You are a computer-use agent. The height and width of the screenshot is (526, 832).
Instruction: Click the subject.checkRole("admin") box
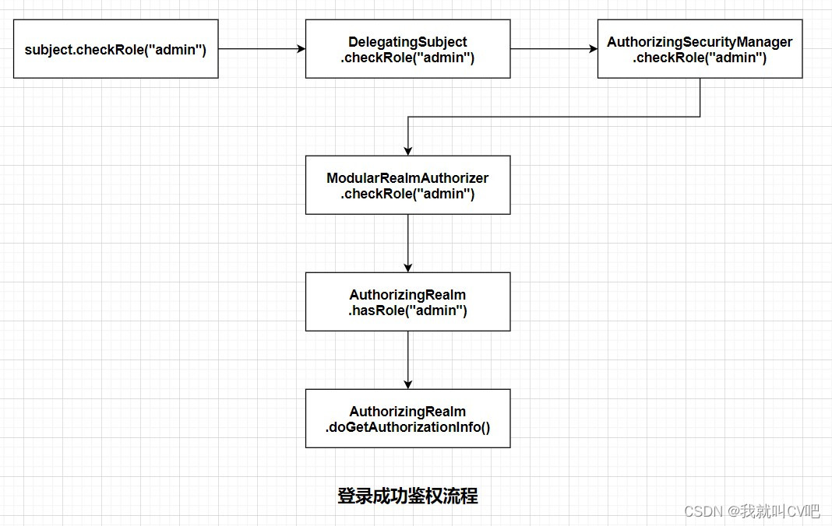point(115,49)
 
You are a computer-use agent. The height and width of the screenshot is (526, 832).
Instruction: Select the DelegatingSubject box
point(407,49)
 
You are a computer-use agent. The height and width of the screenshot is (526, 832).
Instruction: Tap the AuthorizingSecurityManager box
point(700,49)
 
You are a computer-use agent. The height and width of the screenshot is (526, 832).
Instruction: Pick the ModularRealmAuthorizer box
point(407,185)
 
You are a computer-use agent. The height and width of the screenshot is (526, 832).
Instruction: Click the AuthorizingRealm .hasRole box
point(407,302)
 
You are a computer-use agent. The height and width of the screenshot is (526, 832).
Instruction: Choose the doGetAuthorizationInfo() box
point(407,419)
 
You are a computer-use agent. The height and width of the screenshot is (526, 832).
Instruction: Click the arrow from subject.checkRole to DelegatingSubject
point(261,49)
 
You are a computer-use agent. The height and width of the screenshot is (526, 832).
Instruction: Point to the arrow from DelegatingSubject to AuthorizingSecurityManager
point(553,49)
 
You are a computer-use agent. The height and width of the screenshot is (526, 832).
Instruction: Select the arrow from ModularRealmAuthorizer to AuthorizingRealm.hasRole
point(407,243)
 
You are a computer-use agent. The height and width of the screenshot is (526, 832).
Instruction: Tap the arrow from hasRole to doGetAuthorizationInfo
point(407,359)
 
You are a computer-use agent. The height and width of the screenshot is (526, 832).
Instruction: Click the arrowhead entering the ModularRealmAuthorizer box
point(407,151)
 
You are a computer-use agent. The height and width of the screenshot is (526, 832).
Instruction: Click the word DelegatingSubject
point(407,42)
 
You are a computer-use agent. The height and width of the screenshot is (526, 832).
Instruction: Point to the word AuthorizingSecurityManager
point(700,42)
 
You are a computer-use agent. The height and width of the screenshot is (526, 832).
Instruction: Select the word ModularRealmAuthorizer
point(407,178)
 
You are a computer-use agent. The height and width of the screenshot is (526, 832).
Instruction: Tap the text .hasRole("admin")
point(407,310)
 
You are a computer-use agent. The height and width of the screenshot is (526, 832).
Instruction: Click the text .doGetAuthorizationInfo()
point(407,427)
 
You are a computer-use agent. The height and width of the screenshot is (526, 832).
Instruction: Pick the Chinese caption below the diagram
point(407,496)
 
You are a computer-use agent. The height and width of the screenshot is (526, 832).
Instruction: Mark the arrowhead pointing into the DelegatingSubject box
point(301,49)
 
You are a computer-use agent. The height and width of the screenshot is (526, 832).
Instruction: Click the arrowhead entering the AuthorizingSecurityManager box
point(593,49)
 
